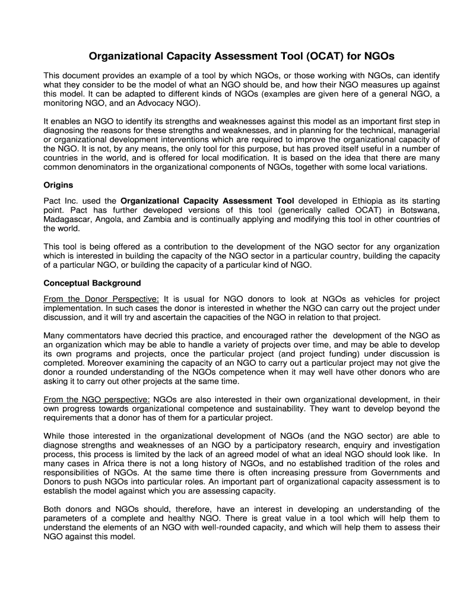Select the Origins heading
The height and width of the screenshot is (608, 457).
click(58, 185)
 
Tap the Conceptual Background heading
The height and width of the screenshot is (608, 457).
click(92, 283)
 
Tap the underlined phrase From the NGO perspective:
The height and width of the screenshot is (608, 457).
click(97, 399)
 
